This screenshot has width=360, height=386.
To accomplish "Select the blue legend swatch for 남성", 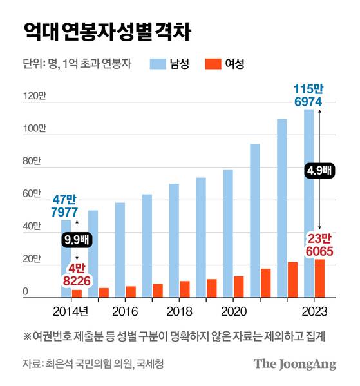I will point(158,64).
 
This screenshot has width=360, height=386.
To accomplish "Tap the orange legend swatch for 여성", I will point(213,64).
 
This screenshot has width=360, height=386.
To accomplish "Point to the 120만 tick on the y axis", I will point(35,97).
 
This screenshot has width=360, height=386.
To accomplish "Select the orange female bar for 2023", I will point(319,278).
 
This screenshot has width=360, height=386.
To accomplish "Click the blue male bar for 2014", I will point(66,258).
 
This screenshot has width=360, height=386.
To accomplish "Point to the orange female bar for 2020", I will point(238,287).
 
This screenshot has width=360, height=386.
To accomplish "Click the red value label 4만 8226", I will point(77,275).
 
